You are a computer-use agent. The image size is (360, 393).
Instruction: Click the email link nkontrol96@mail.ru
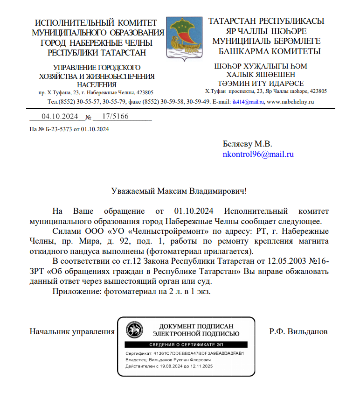(x=258, y=154)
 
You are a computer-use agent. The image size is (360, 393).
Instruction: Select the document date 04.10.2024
(x=60, y=117)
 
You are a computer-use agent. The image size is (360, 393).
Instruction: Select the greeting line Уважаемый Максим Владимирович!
(x=179, y=191)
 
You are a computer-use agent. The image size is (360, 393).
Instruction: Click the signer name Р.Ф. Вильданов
(x=298, y=331)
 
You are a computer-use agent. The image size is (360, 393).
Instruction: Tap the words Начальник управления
(x=72, y=331)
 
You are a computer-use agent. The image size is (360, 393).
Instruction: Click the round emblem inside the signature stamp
(x=135, y=330)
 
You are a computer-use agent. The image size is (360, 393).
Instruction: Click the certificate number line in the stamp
(x=185, y=353)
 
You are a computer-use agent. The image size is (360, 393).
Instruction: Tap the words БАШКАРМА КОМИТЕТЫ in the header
(x=269, y=51)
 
